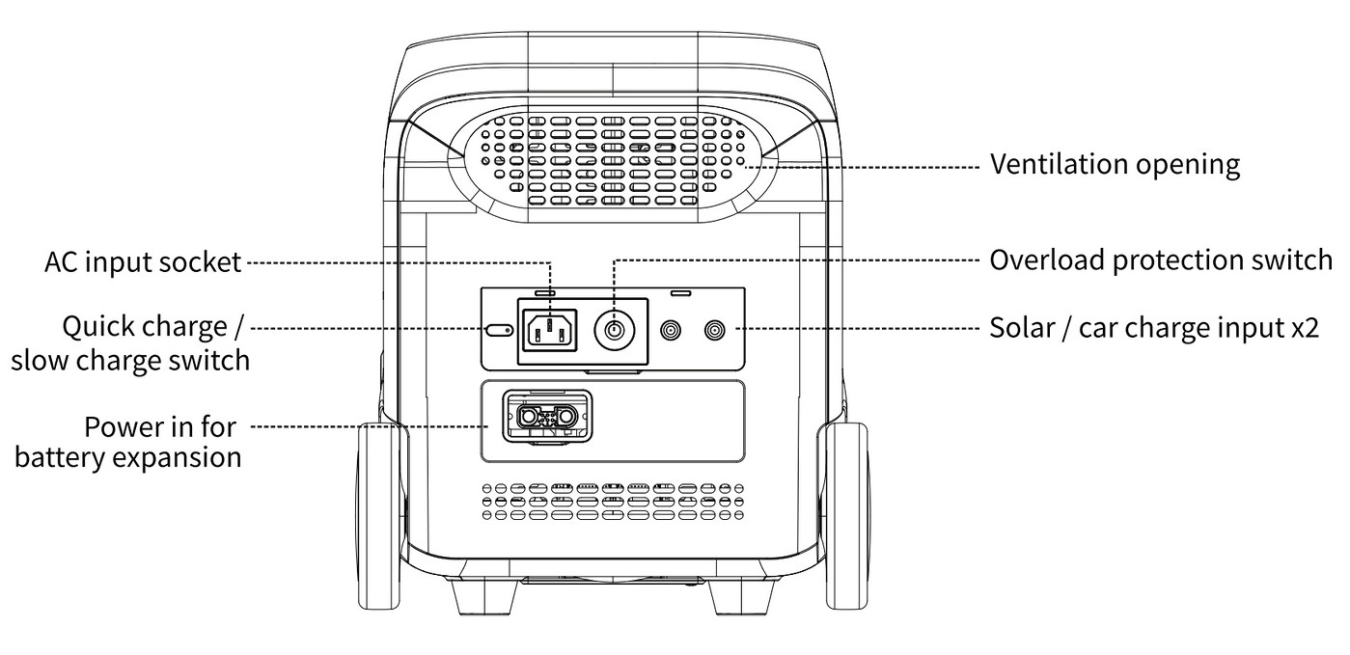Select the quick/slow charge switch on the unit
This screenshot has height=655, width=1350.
point(499,331)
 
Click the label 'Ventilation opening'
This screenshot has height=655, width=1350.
point(1115,165)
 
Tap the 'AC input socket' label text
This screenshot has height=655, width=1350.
point(143,262)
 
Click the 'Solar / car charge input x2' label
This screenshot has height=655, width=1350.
point(1153,328)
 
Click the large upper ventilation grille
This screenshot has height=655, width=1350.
point(614,159)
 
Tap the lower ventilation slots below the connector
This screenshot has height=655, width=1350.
point(614,502)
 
